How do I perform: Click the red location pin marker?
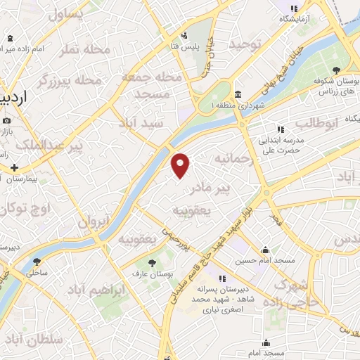click(x=181, y=165)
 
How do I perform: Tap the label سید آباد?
click(x=162, y=122)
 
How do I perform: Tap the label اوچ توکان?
click(x=24, y=208)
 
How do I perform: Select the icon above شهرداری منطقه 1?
click(x=238, y=95)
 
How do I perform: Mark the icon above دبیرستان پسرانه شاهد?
click(x=223, y=278)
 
